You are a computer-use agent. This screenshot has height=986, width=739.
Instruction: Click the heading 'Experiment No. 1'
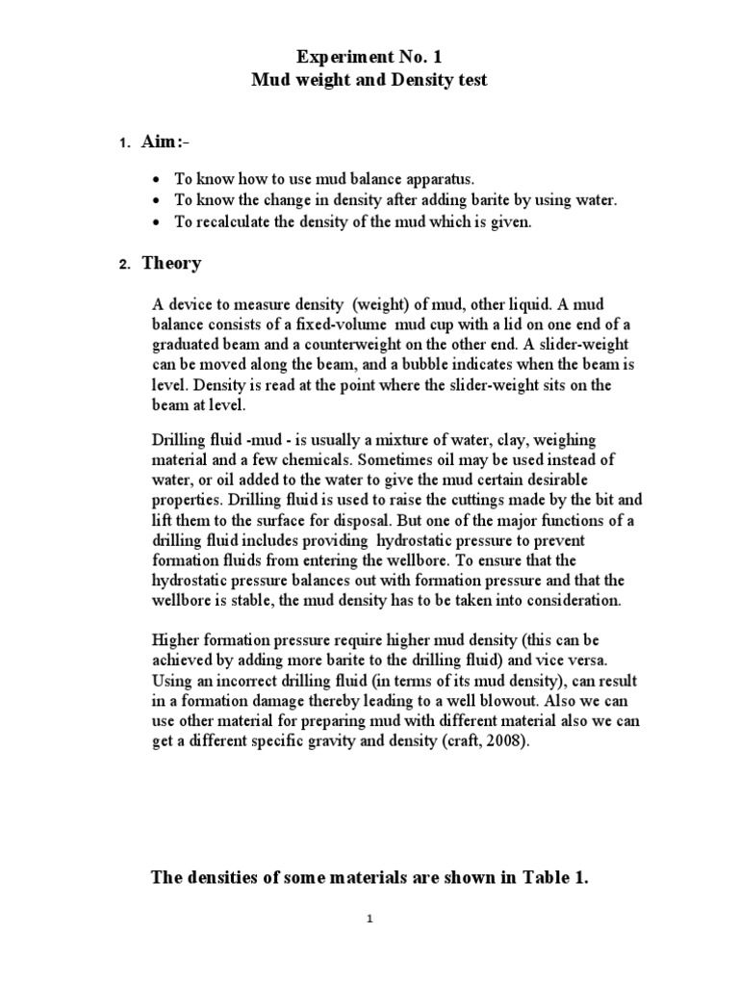coord(369,58)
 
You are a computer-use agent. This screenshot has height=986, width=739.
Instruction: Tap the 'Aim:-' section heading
coord(166,143)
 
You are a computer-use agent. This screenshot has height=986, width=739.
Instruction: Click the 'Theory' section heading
coord(171,263)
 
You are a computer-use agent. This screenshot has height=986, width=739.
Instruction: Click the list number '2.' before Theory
coord(124,265)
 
